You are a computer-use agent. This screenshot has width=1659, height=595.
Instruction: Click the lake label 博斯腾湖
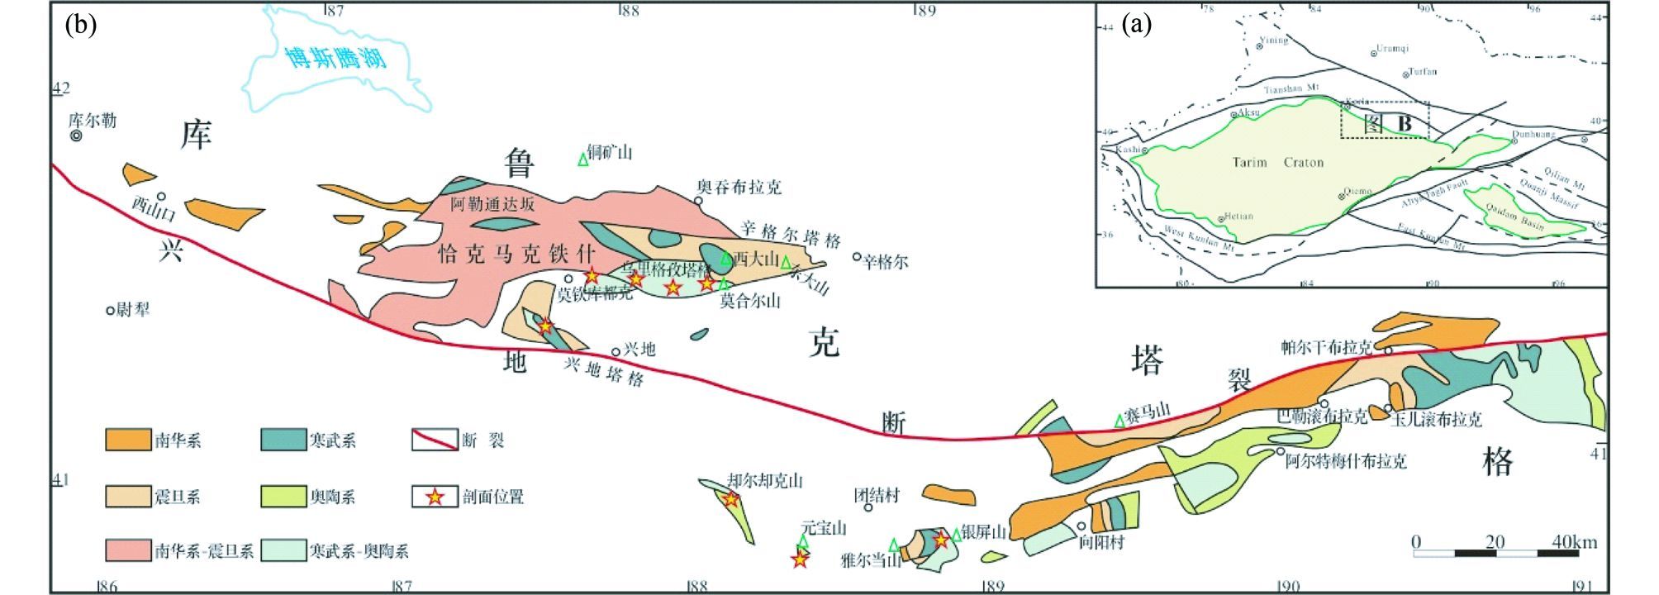pos(335,58)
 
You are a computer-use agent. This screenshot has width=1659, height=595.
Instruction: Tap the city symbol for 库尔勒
pos(77,136)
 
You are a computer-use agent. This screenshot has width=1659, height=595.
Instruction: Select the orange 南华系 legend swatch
pos(128,440)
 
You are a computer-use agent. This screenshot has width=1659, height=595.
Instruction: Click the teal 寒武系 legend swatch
pos(283,440)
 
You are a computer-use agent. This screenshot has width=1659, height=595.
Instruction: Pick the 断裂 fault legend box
pos(435,440)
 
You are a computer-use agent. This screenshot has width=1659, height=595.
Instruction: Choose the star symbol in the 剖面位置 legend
pos(435,497)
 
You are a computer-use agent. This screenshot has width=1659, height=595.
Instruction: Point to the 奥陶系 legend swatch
pos(283,497)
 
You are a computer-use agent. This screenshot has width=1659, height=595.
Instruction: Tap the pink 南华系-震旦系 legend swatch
pos(128,550)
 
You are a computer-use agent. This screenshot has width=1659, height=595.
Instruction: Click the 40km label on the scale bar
pos(1574,542)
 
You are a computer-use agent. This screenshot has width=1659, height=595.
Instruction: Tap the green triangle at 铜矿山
pos(583,159)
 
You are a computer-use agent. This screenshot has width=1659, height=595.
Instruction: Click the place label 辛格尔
pos(885,262)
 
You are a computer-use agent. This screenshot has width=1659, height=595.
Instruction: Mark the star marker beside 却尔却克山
pos(731,499)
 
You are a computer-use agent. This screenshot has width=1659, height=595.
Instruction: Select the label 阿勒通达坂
pos(492,204)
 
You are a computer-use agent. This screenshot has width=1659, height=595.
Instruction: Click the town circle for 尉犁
pos(110,311)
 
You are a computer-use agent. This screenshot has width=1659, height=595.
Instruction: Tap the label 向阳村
pos(1102,542)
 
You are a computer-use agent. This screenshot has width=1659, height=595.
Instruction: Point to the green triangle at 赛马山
pos(1119,421)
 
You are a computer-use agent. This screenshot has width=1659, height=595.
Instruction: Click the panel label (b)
pos(81,25)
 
